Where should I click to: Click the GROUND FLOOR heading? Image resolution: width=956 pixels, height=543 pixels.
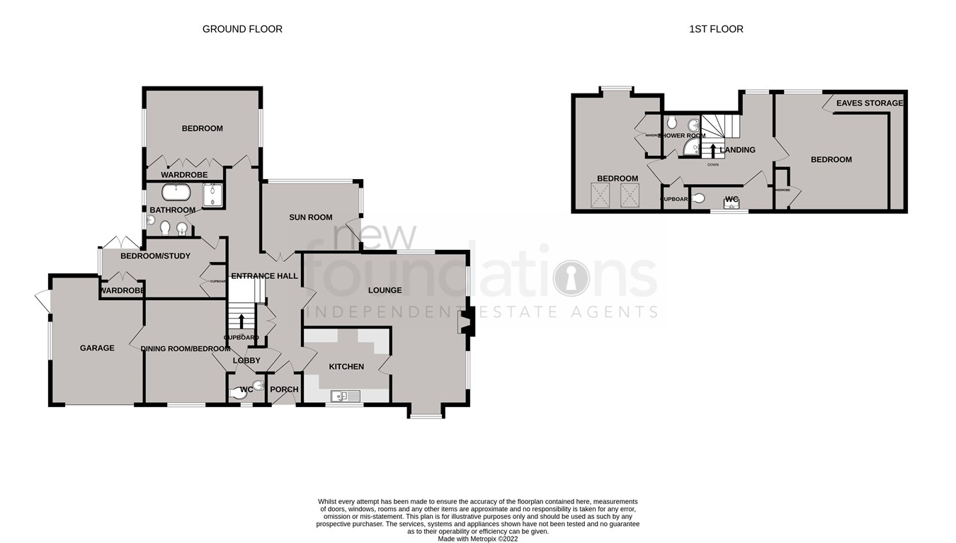click(242, 29)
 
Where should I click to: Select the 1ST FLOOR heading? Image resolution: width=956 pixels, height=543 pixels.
click(716, 29)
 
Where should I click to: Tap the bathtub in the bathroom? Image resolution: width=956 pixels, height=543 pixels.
click(176, 192)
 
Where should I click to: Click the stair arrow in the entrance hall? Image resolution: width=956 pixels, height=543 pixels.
click(241, 320)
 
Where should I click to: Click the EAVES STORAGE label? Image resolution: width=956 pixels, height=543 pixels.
click(869, 103)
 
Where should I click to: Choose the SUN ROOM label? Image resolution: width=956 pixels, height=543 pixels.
click(310, 217)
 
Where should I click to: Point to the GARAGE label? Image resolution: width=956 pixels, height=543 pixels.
click(97, 348)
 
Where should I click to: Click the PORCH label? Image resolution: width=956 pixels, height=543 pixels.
click(284, 389)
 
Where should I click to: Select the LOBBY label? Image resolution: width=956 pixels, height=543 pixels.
click(246, 360)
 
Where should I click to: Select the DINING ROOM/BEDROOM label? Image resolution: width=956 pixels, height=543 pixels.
click(185, 348)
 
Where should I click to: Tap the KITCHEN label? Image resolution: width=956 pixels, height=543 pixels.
click(346, 366)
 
